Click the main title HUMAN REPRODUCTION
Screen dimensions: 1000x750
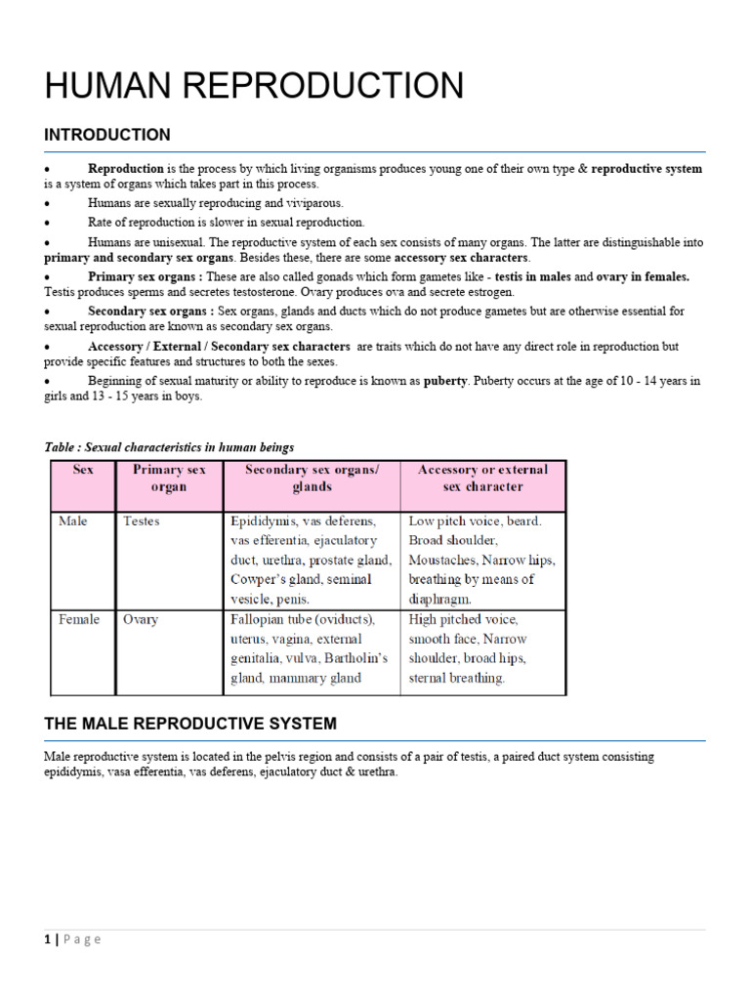click(x=254, y=86)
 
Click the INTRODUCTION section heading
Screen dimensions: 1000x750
click(x=107, y=135)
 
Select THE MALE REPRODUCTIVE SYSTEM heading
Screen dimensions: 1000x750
click(x=190, y=724)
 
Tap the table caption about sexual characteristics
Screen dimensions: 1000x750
click(x=169, y=447)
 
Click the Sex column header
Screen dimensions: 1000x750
click(x=83, y=470)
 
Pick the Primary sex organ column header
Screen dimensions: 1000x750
click(x=169, y=478)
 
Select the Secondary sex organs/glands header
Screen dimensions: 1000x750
click(x=312, y=478)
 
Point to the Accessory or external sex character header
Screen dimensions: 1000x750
click(x=482, y=478)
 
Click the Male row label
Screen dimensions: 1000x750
click(x=72, y=521)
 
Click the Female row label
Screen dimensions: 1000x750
click(x=78, y=619)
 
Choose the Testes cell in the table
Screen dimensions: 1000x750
click(x=142, y=521)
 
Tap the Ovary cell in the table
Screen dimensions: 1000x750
click(x=141, y=619)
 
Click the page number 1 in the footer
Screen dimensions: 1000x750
click(x=47, y=939)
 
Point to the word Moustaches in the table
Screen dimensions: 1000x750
click(x=443, y=561)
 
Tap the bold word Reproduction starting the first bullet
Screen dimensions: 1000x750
click(x=126, y=169)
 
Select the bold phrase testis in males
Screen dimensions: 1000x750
click(x=533, y=276)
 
